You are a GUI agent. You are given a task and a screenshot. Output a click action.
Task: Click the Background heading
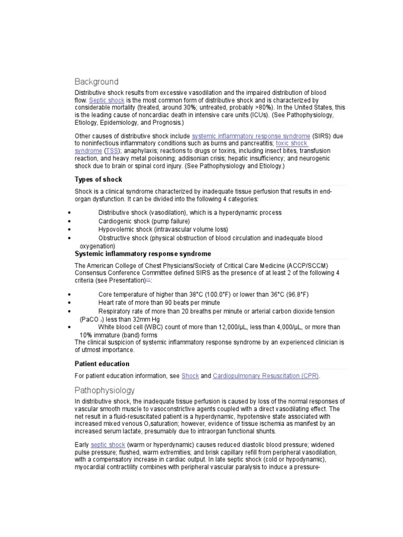pyautogui.click(x=97, y=82)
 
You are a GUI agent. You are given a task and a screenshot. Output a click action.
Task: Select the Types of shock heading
pyautogui.click(x=99, y=179)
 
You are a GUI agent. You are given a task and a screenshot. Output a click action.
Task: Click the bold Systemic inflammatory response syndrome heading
pyautogui.click(x=143, y=254)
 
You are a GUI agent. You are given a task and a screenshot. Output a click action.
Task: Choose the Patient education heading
pyautogui.click(x=102, y=364)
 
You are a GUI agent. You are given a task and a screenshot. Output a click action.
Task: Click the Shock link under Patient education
pyautogui.click(x=190, y=377)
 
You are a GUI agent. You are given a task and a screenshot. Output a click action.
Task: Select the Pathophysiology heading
pyautogui.click(x=104, y=390)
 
